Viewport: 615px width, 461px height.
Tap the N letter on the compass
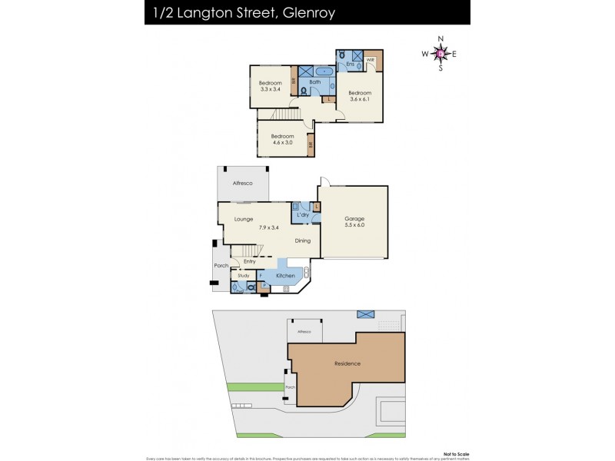440,38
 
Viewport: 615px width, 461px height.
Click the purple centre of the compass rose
440,53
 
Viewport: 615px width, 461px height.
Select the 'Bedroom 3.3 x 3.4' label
270,86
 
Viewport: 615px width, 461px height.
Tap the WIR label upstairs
371,59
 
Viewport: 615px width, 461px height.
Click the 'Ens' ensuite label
350,65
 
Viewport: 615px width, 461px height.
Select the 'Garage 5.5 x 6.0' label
354,222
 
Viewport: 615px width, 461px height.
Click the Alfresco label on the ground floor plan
243,183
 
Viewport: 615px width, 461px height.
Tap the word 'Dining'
303,240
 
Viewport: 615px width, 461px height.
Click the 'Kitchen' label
285,275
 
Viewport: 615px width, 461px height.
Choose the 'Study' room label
244,274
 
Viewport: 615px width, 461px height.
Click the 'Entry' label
249,261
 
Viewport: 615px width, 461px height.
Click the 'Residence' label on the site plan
347,363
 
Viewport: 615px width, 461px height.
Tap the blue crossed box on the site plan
364,314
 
